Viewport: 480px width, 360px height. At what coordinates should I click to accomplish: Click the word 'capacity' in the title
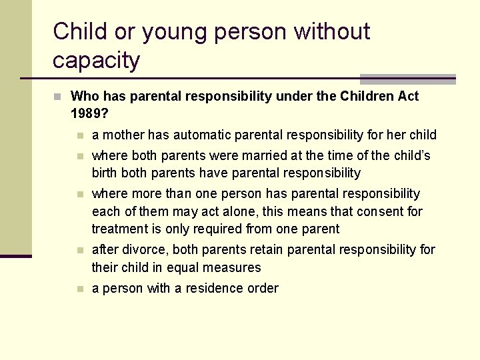(96, 61)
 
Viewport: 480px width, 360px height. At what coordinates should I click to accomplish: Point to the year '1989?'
(89, 113)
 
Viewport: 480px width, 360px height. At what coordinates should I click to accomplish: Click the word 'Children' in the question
(367, 96)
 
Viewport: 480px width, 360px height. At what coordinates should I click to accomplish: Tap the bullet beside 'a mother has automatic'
(80, 135)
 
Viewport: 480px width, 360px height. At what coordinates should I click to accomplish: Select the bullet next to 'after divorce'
(80, 250)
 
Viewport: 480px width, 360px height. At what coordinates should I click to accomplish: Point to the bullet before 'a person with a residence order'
(80, 289)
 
